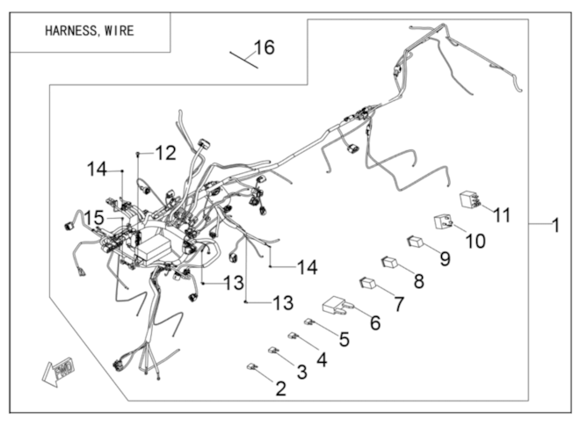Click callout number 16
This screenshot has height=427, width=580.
coord(265,47)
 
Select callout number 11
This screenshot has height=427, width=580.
coord(502,214)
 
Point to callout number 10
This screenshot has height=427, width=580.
coord(475,240)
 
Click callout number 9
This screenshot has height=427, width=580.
coord(445,260)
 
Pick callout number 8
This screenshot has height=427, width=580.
coord(418,282)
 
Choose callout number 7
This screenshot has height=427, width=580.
coord(399,304)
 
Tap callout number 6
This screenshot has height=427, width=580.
coord(375,322)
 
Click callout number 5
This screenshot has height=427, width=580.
coord(344,338)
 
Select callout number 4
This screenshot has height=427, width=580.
coord(322,358)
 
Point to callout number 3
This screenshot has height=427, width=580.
coord(301,373)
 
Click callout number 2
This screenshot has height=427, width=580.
coord(280,387)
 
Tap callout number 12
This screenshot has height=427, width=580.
coord(165,153)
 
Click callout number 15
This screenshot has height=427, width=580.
coord(94,217)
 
